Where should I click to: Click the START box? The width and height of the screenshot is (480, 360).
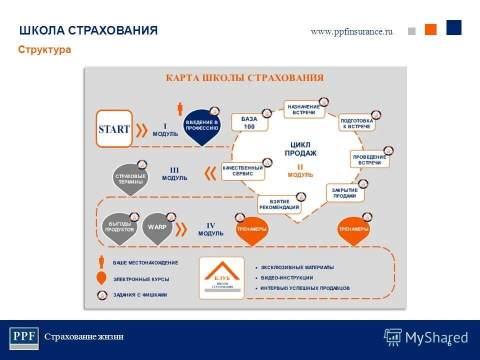[x=114, y=129]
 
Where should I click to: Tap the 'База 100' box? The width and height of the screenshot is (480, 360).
[x=249, y=122]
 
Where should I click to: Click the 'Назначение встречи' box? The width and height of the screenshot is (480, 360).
[x=303, y=110]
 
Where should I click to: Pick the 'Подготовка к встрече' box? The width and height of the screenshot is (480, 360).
[x=356, y=123]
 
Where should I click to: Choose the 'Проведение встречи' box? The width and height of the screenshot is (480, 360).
[x=369, y=160]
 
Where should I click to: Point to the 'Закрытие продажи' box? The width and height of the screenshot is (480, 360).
[x=344, y=193]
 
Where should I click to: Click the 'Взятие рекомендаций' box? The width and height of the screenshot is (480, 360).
[x=279, y=204]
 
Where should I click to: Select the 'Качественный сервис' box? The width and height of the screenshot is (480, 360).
[x=242, y=171]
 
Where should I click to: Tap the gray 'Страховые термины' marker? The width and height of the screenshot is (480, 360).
[x=130, y=178]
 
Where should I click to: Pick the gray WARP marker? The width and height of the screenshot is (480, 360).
[x=157, y=227]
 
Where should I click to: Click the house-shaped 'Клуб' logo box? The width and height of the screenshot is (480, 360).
[x=221, y=278]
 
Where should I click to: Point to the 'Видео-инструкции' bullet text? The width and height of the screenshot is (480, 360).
[x=286, y=278]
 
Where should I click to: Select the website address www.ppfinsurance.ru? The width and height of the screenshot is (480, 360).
[x=351, y=31]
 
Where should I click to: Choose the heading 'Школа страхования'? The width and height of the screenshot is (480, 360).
[x=88, y=30]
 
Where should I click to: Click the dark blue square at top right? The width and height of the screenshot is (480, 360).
[x=453, y=27]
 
